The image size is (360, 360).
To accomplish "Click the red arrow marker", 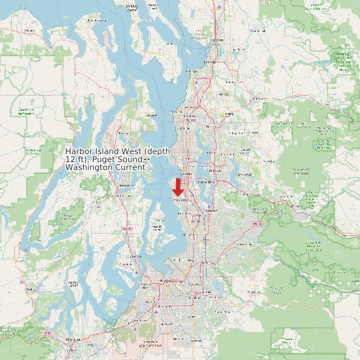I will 178,187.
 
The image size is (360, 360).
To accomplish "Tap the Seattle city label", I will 185,174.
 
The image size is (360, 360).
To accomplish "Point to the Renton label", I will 211,210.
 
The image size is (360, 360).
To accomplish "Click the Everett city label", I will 210,62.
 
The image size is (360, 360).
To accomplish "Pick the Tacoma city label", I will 163,281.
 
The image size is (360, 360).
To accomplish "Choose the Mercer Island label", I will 205,193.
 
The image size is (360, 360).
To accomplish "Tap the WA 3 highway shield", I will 123,229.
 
